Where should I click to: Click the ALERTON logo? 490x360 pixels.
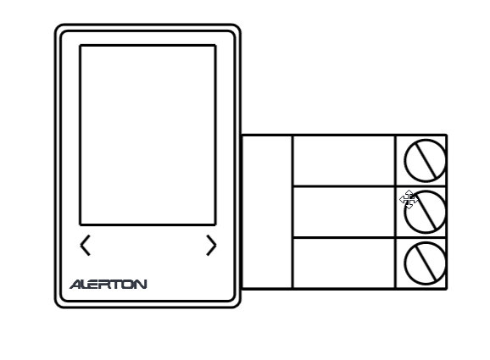pos(109,285)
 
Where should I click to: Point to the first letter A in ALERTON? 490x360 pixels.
pos(75,285)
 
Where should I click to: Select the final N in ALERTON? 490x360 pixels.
pos(142,285)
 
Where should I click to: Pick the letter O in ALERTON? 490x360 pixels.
pos(130,285)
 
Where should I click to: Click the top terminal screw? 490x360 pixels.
pos(425,160)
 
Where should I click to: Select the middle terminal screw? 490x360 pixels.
pos(426,213)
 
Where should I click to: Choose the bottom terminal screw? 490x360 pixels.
pos(425,263)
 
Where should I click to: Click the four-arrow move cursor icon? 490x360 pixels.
pos(409,199)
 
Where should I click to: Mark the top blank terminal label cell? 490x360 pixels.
pos(343,160)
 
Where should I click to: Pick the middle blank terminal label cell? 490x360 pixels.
pos(343,212)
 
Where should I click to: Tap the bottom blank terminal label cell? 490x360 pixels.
pos(343,263)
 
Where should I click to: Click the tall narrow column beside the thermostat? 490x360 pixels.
pos(267,212)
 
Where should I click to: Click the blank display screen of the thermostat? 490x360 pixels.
pos(148,135)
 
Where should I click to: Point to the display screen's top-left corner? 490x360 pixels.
pos(80,46)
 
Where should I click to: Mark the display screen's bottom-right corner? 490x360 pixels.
pos(215,224)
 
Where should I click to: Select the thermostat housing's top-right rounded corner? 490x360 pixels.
pos(237,28)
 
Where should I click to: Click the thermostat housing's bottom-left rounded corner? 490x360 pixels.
pos(58,304)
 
